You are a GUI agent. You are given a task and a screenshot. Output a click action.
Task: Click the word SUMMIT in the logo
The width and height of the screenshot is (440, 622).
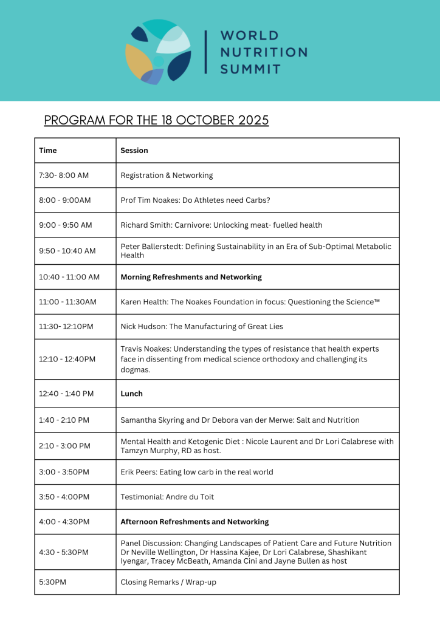(x=250, y=69)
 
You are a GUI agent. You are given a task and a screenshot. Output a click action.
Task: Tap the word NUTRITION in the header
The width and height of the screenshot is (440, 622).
(x=264, y=52)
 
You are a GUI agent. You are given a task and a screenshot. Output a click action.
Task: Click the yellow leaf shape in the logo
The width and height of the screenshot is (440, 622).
(x=138, y=61)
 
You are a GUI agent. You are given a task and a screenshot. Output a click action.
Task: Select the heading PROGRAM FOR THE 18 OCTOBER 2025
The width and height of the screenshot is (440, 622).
(x=156, y=120)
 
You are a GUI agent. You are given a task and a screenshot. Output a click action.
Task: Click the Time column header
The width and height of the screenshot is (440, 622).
(x=47, y=151)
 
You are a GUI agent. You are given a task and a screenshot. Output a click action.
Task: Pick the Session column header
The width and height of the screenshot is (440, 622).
(x=134, y=151)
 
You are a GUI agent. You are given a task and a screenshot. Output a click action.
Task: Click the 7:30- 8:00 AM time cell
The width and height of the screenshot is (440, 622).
(x=64, y=176)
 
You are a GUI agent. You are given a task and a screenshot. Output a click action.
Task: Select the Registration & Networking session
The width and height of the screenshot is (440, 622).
(x=167, y=176)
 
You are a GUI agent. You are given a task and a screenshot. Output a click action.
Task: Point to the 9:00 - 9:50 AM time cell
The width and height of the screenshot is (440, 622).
(x=66, y=225)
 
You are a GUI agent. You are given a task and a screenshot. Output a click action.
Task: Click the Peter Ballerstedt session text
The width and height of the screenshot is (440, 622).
(x=256, y=251)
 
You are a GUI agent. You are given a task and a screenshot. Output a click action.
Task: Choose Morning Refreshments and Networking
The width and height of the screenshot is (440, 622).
(x=191, y=277)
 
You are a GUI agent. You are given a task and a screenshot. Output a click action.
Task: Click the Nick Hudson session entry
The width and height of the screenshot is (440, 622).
(x=202, y=327)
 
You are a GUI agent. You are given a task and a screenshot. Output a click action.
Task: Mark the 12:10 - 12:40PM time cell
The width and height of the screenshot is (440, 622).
(x=67, y=359)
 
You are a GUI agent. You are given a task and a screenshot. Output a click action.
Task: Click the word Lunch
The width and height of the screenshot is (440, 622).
(x=131, y=394)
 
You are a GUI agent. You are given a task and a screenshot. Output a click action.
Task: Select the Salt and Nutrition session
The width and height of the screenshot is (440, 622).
(x=239, y=420)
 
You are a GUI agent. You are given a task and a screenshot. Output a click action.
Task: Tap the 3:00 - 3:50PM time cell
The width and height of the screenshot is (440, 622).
(x=64, y=472)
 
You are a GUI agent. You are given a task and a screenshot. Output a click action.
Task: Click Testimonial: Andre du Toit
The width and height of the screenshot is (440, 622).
(x=167, y=497)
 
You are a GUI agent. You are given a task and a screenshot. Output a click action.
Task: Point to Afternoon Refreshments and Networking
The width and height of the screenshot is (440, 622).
(x=194, y=522)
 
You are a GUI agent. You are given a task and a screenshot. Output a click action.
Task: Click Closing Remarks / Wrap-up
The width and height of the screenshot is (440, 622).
(x=168, y=582)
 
